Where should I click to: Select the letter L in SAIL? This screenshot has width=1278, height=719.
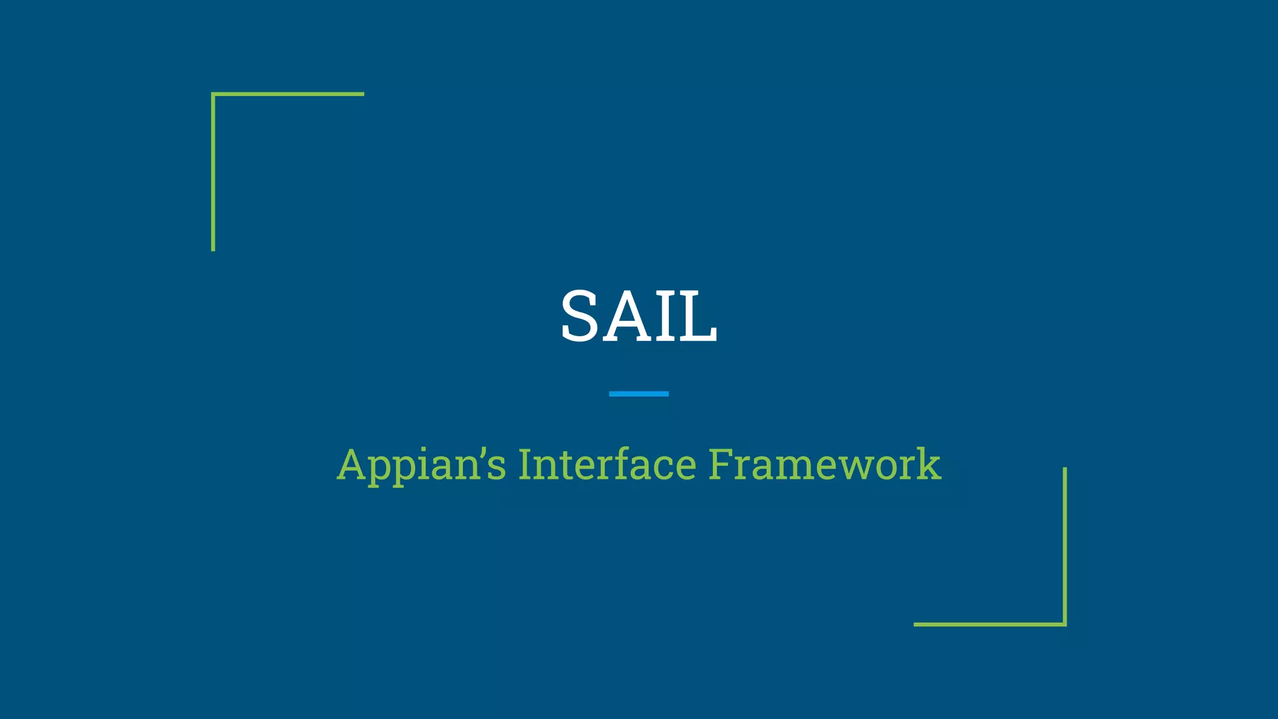tap(699, 316)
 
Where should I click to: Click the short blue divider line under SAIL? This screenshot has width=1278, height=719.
tap(638, 394)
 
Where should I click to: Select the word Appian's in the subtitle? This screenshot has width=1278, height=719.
tap(421, 465)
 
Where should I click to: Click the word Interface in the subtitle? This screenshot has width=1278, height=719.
tap(607, 465)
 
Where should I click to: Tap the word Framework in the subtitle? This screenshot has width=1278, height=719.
tap(824, 465)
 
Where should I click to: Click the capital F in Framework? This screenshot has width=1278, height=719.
tap(720, 465)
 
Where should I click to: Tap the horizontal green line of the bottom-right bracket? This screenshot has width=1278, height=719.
tap(989, 624)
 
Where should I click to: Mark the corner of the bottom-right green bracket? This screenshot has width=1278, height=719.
tap(1065, 624)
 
